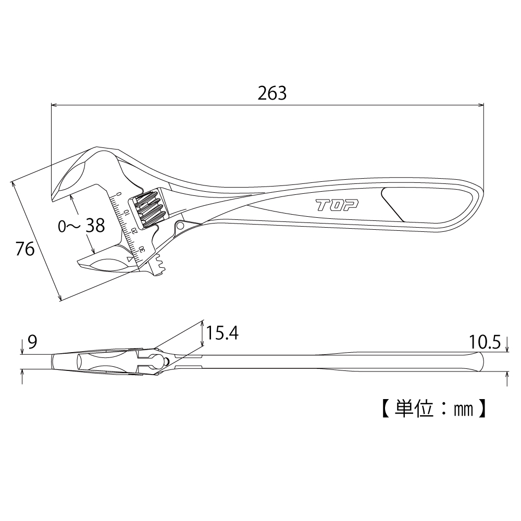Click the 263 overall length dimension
[x=272, y=93]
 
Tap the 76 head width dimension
[x=25, y=249]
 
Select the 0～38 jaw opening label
[x=81, y=226]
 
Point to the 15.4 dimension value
[x=222, y=333]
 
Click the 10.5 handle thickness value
[x=485, y=342]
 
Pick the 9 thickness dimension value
[x=32, y=342]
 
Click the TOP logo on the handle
[x=337, y=205]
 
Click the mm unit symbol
[x=463, y=410]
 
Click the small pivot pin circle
[x=180, y=226]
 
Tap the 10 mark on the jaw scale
[x=126, y=212]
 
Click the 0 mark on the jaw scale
[x=120, y=194]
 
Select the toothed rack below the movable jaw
[x=159, y=265]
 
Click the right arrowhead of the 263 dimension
[x=481, y=105]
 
